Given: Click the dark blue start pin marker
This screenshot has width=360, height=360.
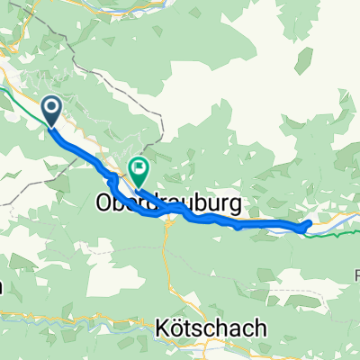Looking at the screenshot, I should [50, 111].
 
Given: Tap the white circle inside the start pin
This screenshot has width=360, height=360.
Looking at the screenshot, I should [50, 108].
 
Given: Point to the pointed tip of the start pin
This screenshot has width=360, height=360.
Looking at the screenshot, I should [50, 127].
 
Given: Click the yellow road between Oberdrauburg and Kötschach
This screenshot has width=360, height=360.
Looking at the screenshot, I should [166, 270].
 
